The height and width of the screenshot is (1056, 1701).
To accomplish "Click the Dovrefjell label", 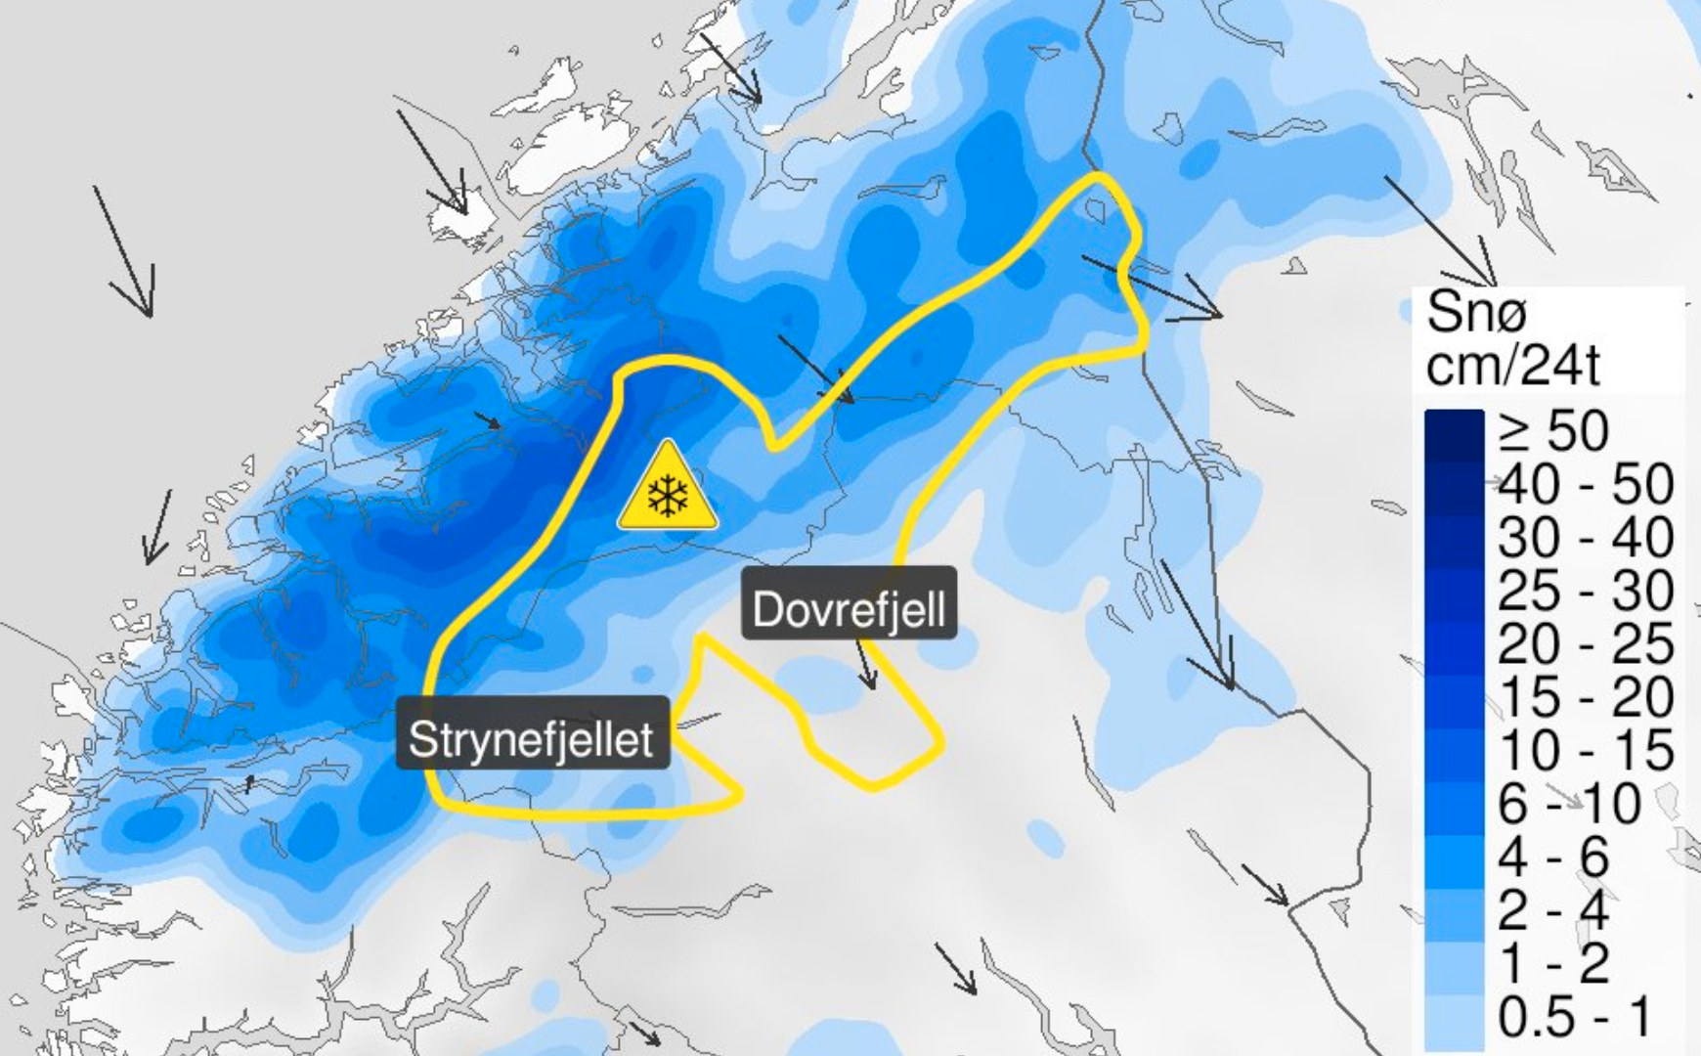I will point(849,609).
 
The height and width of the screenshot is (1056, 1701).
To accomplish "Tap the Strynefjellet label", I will point(532,738).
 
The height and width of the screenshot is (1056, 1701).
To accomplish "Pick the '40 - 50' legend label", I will point(1586,484).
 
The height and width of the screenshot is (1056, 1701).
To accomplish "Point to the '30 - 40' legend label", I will point(1586,538).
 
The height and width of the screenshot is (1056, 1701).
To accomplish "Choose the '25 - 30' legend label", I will point(1586,591).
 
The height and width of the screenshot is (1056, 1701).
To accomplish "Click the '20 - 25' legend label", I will point(1586,644).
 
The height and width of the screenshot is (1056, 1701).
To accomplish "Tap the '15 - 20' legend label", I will point(1586,697).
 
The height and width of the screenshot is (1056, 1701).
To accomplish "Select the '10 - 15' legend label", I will point(1586,751).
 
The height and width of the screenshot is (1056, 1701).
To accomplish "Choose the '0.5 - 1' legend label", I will point(1574,1017).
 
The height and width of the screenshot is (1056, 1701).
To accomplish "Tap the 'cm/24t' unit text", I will point(1512,366).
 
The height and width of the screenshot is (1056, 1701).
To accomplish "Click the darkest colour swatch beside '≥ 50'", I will point(1454,430).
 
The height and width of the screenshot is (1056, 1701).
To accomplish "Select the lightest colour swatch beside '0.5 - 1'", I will point(1454,1017).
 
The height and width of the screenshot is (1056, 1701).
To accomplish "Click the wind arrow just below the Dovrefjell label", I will point(865,666).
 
